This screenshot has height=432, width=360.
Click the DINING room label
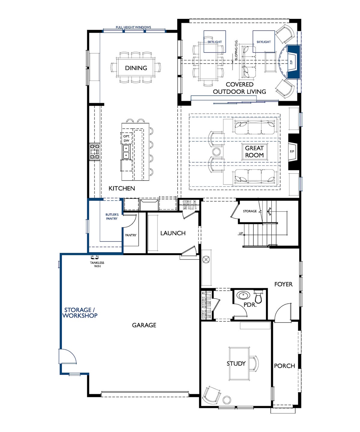(136, 68)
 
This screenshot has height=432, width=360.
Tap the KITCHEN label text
(122, 188)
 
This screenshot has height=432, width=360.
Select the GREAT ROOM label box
(254, 152)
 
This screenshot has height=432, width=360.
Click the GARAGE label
(144, 325)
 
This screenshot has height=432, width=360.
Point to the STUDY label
(236, 363)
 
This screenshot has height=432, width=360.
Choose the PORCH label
(284, 366)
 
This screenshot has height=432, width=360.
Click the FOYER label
(283, 284)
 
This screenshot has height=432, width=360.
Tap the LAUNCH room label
(173, 233)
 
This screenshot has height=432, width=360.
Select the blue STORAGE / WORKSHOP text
(80, 313)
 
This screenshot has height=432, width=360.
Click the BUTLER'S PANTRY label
(112, 217)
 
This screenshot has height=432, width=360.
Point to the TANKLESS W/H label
(97, 264)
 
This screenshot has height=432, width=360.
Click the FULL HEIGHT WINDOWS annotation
(133, 27)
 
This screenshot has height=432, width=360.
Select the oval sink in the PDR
(243, 295)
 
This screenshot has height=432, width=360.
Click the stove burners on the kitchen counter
(95, 152)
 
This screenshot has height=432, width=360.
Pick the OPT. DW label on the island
(126, 138)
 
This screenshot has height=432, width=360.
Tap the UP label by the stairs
(241, 233)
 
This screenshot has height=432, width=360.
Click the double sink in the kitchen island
(126, 152)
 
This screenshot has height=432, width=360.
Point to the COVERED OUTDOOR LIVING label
(239, 88)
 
